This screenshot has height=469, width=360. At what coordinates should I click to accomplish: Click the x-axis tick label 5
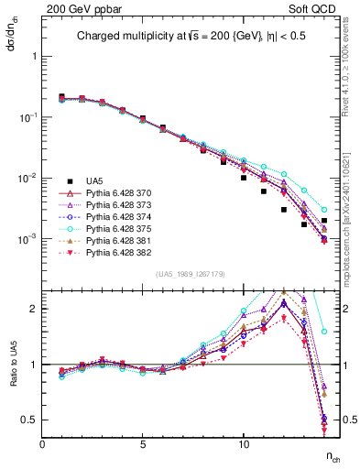[x=143, y=444]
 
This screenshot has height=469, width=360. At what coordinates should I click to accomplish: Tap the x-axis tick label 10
[x=244, y=444]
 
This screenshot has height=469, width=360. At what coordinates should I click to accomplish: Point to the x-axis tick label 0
[x=43, y=444]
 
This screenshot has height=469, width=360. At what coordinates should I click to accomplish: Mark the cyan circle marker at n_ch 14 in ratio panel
[x=324, y=332]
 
